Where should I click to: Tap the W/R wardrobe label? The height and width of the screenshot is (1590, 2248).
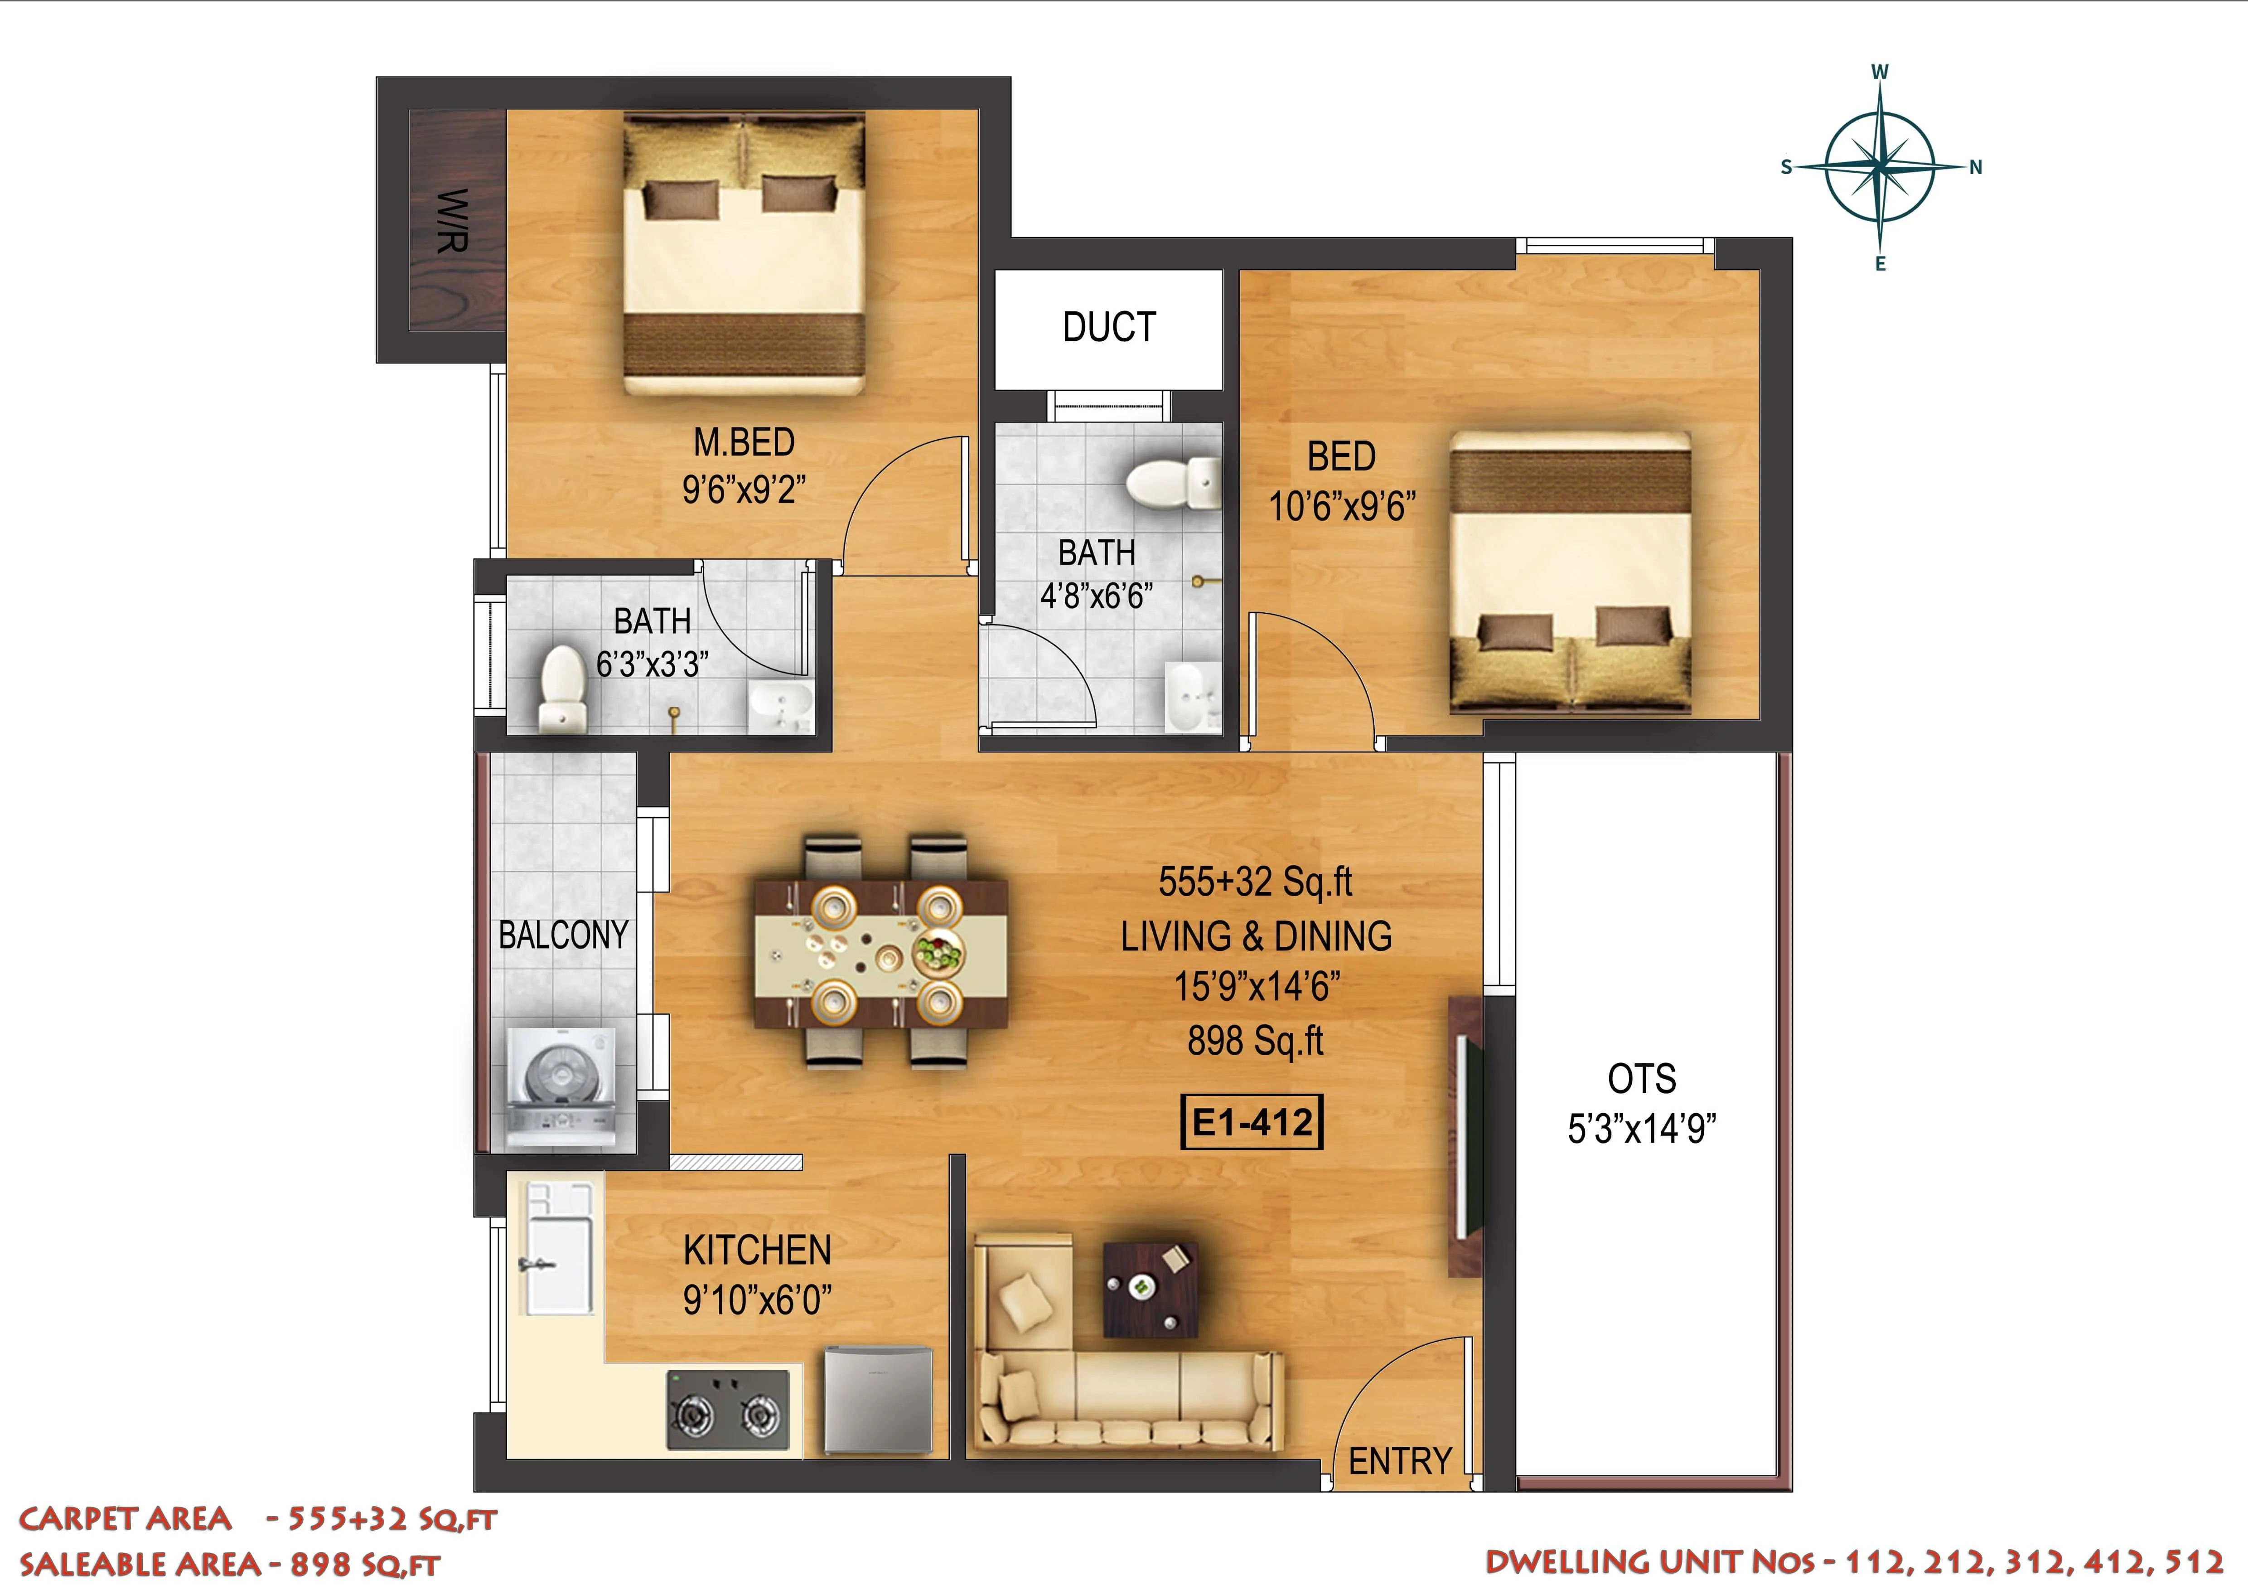(452, 220)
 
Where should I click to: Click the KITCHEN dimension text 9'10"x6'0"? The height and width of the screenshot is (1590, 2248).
(757, 1300)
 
